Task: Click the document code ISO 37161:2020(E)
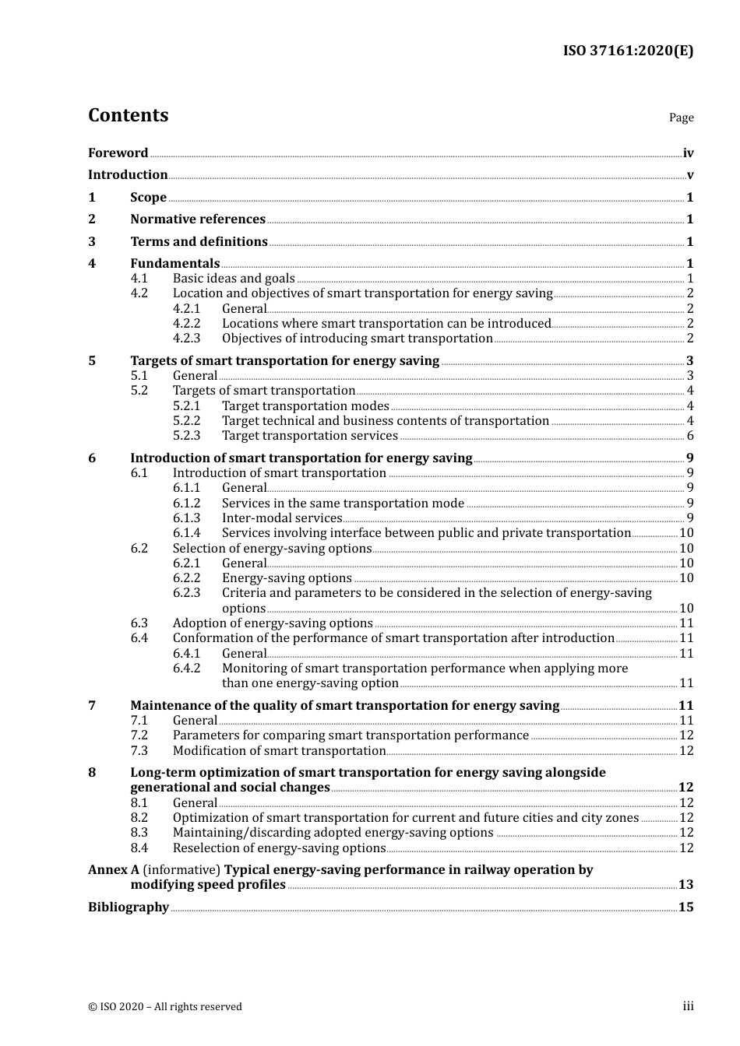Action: pyautogui.click(x=628, y=51)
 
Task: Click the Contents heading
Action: pyautogui.click(x=128, y=115)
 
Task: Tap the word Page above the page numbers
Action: pyautogui.click(x=681, y=118)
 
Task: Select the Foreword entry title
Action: pyautogui.click(x=118, y=153)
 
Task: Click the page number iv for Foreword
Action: pyautogui.click(x=688, y=153)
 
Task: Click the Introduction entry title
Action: pyautogui.click(x=128, y=175)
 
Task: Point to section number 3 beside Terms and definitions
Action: pyautogui.click(x=92, y=242)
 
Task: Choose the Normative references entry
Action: pyautogui.click(x=198, y=219)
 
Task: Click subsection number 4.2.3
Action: pyautogui.click(x=186, y=339)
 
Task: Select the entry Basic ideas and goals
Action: pyautogui.click(x=234, y=279)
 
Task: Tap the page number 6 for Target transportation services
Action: pyautogui.click(x=689, y=436)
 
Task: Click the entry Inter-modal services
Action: pyautogui.click(x=282, y=518)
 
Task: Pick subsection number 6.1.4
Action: pyautogui.click(x=186, y=533)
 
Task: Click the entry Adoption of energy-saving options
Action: pyautogui.click(x=273, y=623)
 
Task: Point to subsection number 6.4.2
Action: pyautogui.click(x=186, y=669)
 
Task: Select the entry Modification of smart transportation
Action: pyautogui.click(x=279, y=751)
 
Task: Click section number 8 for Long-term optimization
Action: pyautogui.click(x=92, y=773)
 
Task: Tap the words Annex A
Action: pyautogui.click(x=113, y=870)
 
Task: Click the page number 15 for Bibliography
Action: pyautogui.click(x=685, y=907)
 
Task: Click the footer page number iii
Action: pyautogui.click(x=688, y=1006)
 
